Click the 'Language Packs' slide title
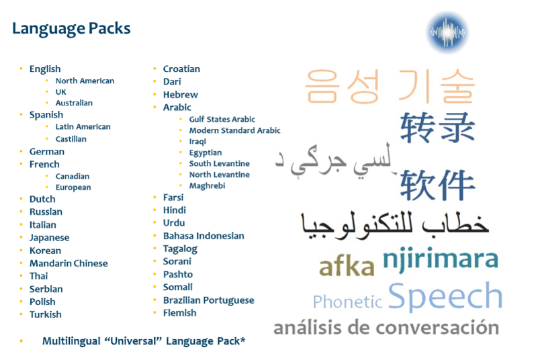coord(71,29)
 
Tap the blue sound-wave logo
coord(448,32)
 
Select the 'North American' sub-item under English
coord(85,81)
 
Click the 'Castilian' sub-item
coord(71,139)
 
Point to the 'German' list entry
coord(46,152)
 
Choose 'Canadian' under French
coord(73,176)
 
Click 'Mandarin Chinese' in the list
coord(69,263)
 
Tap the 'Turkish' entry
coord(45,314)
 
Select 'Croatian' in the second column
coord(181,69)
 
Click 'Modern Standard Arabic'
coord(234,130)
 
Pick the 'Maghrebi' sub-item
coord(208,185)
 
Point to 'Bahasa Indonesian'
coord(204,236)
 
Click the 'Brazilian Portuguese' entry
coord(209,300)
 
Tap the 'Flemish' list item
coord(180,313)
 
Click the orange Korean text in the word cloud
coord(390,86)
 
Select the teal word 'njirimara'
coord(440,259)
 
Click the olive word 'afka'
coord(347,267)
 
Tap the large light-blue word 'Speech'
coord(445,296)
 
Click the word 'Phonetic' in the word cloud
coord(347,302)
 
